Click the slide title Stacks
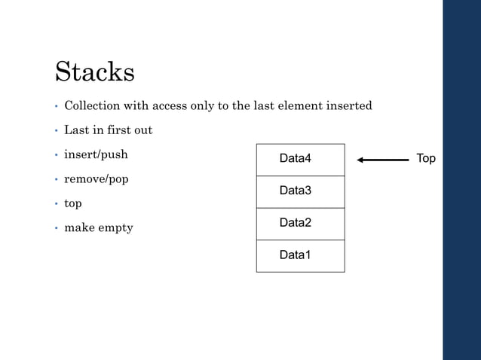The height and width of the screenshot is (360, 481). [x=95, y=72]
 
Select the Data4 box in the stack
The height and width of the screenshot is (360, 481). [x=300, y=160]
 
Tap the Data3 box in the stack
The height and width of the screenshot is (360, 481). [x=300, y=191]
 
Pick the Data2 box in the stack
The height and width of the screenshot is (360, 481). [x=300, y=224]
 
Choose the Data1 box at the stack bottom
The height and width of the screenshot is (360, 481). [x=300, y=255]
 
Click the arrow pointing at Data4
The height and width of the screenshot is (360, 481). [x=383, y=160]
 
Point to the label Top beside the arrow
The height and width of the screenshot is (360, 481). [x=426, y=159]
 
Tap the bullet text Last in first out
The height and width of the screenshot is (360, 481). [x=108, y=130]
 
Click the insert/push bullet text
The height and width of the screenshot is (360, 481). [x=96, y=155]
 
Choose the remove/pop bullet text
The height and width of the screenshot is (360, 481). [x=96, y=180]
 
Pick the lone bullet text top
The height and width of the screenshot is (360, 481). [x=73, y=204]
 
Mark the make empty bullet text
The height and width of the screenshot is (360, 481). [x=98, y=228]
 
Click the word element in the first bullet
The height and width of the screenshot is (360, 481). [x=296, y=106]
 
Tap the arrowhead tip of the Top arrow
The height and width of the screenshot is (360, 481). [x=359, y=160]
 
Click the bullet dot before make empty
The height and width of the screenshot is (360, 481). [x=57, y=228]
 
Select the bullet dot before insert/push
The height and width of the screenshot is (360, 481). [x=57, y=155]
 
